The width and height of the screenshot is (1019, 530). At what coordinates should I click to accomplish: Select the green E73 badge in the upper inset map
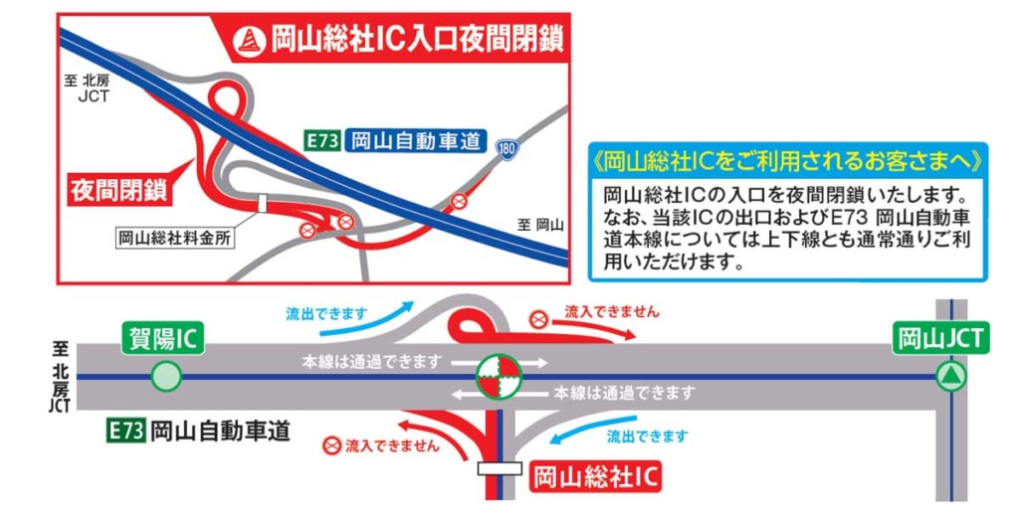coord(323,141)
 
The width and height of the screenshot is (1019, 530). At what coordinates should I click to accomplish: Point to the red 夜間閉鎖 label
coord(117,189)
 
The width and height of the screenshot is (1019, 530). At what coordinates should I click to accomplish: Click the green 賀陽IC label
coord(163,338)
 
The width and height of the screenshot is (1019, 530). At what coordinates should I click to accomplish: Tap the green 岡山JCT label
coord(940,338)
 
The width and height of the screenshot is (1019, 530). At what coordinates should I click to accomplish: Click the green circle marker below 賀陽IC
coord(166,377)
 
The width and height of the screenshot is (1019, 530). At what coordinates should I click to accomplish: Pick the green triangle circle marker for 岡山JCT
coord(952,377)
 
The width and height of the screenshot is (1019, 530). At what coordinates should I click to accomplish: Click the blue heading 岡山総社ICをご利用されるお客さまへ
coord(786,159)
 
